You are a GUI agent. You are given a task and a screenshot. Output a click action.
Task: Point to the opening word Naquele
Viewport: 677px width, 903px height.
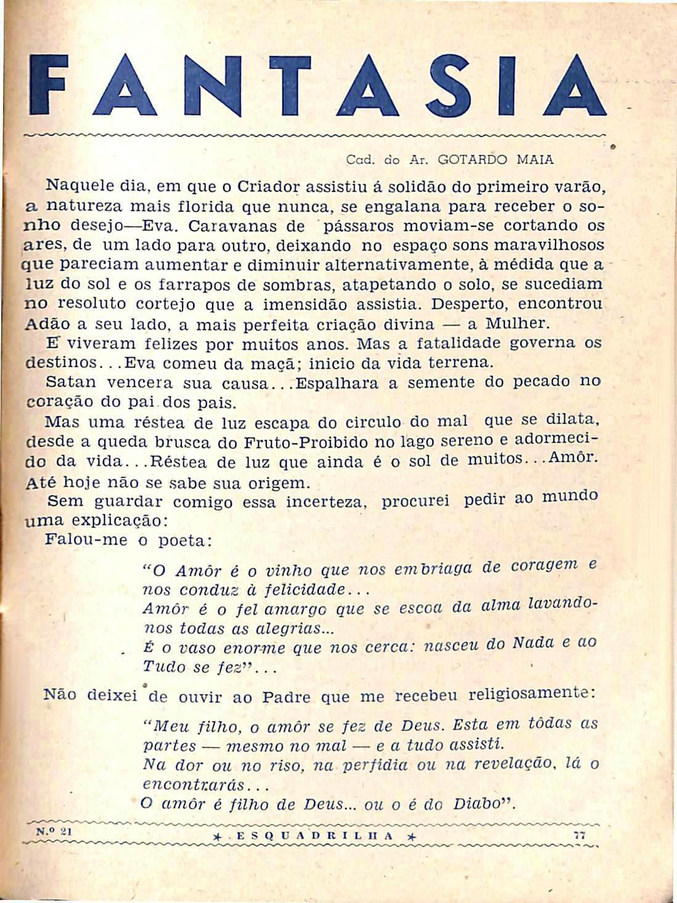(x=75, y=184)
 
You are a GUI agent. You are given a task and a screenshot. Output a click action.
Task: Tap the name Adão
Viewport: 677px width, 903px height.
(x=43, y=324)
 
